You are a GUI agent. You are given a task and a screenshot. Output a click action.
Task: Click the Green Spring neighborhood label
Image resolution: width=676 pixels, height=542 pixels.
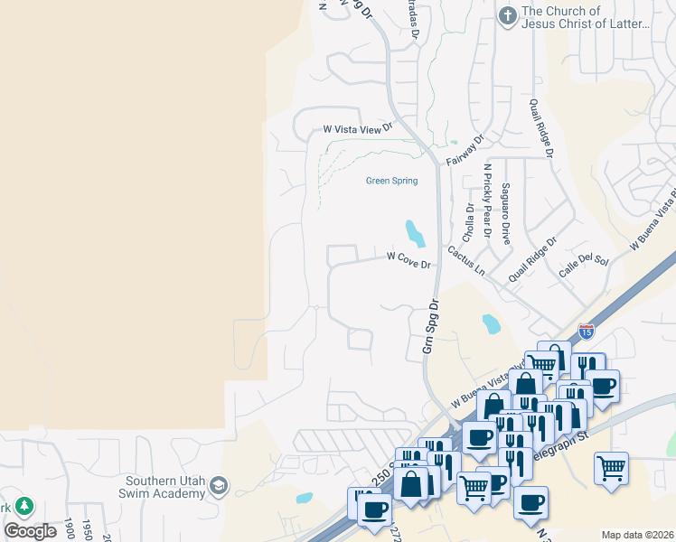(391, 181)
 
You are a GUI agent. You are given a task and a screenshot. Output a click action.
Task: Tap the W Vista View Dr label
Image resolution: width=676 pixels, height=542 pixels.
(359, 130)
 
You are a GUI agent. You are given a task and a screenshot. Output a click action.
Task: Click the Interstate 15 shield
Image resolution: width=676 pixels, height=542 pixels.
(587, 332)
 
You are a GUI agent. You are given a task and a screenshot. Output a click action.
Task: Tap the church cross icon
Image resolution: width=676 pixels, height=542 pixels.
(508, 16)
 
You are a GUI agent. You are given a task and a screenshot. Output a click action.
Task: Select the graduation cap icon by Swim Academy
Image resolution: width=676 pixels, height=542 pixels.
(218, 488)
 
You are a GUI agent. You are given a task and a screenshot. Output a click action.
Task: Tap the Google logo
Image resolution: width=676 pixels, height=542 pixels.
(32, 530)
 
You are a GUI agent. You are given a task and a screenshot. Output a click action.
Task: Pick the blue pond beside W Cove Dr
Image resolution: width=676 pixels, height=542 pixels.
(414, 233)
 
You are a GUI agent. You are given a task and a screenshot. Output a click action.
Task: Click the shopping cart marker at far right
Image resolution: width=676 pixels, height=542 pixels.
(612, 468)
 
